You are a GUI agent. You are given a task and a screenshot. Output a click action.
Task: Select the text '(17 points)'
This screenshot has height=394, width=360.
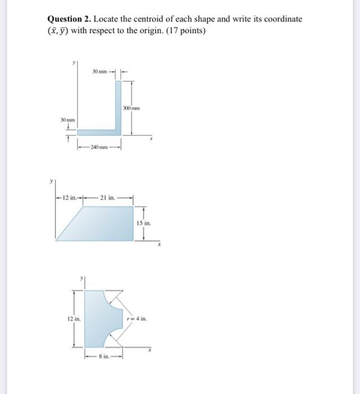click(x=186, y=30)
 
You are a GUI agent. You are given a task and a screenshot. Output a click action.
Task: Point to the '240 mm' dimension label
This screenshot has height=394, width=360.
click(x=99, y=147)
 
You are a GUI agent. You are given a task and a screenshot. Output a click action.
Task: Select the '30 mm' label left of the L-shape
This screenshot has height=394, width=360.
click(x=68, y=119)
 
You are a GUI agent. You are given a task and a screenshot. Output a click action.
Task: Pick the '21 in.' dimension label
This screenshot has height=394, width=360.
click(x=108, y=197)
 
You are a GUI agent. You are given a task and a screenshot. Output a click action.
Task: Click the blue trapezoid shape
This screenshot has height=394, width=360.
click(x=99, y=224)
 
